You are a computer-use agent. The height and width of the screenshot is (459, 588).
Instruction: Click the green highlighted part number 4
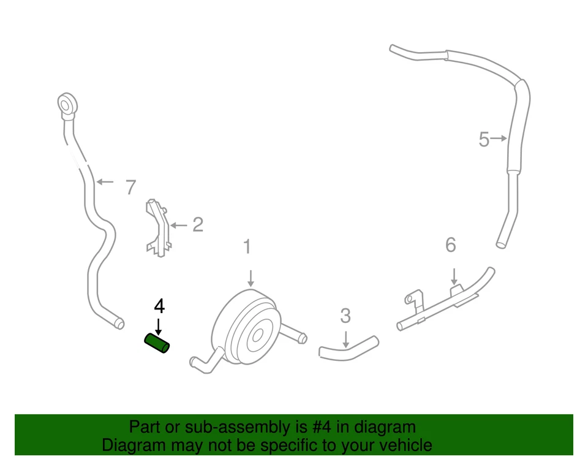157,344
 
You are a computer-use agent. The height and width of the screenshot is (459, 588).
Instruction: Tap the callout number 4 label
159,305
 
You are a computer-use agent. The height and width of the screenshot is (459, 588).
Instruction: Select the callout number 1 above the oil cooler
247,247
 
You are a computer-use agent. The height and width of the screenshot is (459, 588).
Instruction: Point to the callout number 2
197,225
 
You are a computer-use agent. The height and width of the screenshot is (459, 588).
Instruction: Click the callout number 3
345,316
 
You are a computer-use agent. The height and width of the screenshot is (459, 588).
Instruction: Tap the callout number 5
484,140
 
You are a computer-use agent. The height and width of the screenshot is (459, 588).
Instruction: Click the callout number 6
451,245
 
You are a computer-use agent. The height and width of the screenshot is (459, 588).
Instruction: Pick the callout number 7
130,187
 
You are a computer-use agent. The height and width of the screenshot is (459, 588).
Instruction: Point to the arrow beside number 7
105,182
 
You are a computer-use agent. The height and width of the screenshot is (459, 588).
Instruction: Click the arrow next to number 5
499,139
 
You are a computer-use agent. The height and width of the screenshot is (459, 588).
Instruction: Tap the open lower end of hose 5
501,245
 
